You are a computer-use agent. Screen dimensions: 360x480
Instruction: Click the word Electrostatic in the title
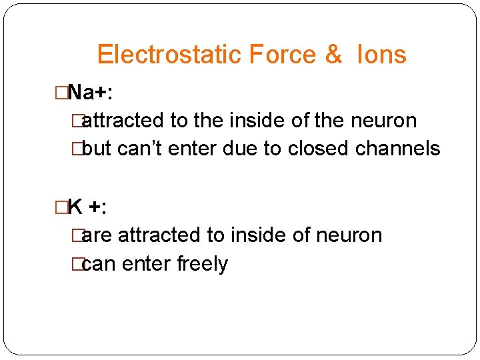pyautogui.click(x=169, y=54)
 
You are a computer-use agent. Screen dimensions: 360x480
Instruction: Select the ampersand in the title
pyautogui.click(x=333, y=54)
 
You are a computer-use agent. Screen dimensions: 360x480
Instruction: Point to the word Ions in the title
pyautogui.click(x=381, y=54)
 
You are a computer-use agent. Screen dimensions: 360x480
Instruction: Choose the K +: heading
pyautogui.click(x=88, y=207)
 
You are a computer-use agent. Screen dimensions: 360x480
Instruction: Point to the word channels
pyautogui.click(x=397, y=149)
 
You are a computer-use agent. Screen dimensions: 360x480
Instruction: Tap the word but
pyautogui.click(x=97, y=149)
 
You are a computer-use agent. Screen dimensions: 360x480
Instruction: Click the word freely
pyautogui.click(x=202, y=265)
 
